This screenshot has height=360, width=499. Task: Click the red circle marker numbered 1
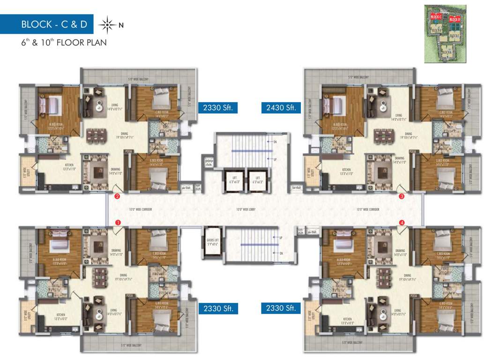point(118,222)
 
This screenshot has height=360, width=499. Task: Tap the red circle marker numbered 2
point(117,197)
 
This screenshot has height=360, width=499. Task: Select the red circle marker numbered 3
point(402,197)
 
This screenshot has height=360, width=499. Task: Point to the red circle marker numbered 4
point(402,222)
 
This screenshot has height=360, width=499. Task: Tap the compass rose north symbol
point(107,24)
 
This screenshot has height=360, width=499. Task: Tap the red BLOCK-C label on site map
point(436,17)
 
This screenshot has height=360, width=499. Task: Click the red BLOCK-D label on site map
point(454,20)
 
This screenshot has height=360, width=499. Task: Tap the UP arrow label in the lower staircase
point(281,238)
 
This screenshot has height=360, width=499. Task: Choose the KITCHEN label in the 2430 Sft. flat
point(346,171)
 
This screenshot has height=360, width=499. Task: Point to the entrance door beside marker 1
point(118,230)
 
